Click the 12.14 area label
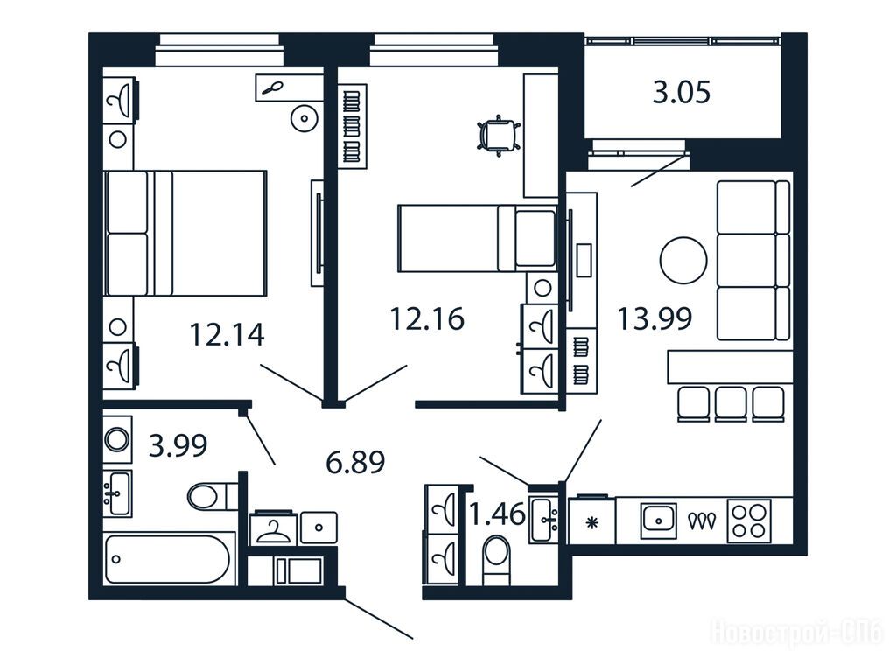[227, 335]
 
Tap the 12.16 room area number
[427, 318]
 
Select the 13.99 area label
[654, 318]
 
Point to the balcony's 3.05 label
[682, 92]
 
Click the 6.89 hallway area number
[355, 462]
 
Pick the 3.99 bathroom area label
[178, 445]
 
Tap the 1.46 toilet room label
[497, 514]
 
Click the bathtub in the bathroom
[169, 559]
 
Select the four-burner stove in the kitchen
[749, 521]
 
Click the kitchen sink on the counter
[658, 521]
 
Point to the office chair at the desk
[498, 136]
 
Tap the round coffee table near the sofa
[683, 260]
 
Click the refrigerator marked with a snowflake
[592, 521]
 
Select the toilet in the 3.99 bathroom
[213, 496]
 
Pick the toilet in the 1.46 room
[496, 560]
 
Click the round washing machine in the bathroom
[118, 439]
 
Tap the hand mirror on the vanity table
[271, 88]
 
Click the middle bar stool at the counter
[731, 404]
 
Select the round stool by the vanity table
[304, 119]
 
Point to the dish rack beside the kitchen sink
[702, 521]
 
